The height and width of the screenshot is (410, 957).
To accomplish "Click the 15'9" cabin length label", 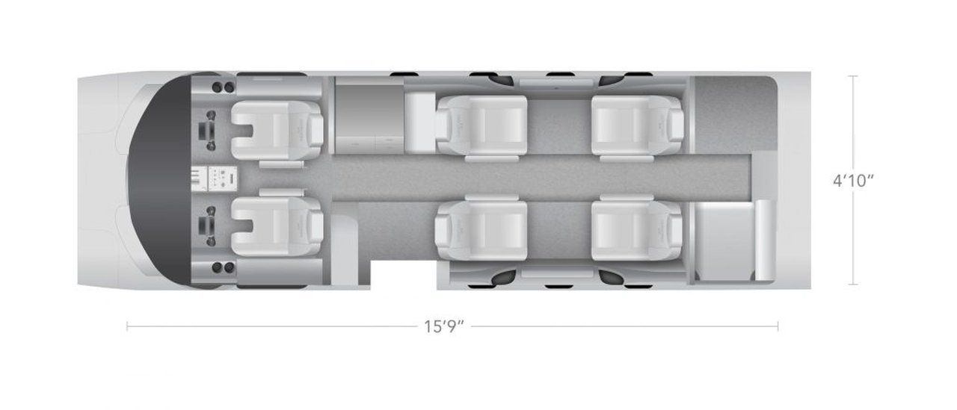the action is (443, 327).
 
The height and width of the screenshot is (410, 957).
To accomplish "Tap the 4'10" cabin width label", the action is (853, 181).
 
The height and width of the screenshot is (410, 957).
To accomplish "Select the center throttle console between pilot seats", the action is (214, 178).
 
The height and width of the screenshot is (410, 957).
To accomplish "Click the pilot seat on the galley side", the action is (277, 131).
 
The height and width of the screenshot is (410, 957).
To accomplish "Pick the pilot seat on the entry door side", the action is (277, 226).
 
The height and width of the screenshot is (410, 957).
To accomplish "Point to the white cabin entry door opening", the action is (403, 275).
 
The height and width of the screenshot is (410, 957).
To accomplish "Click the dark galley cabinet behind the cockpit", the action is (369, 116).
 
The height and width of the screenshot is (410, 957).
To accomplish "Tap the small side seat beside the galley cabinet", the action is (420, 122).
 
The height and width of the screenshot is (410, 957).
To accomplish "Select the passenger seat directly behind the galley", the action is (481, 125).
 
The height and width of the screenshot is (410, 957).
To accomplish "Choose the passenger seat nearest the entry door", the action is (481, 230).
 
